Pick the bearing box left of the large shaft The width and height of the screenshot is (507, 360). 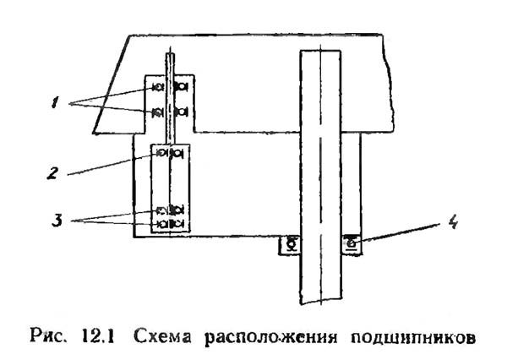[x=290, y=244]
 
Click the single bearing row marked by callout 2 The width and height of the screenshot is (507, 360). [x=172, y=153]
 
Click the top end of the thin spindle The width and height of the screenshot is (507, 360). [x=172, y=57]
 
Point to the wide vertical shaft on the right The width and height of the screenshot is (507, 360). [x=321, y=169]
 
